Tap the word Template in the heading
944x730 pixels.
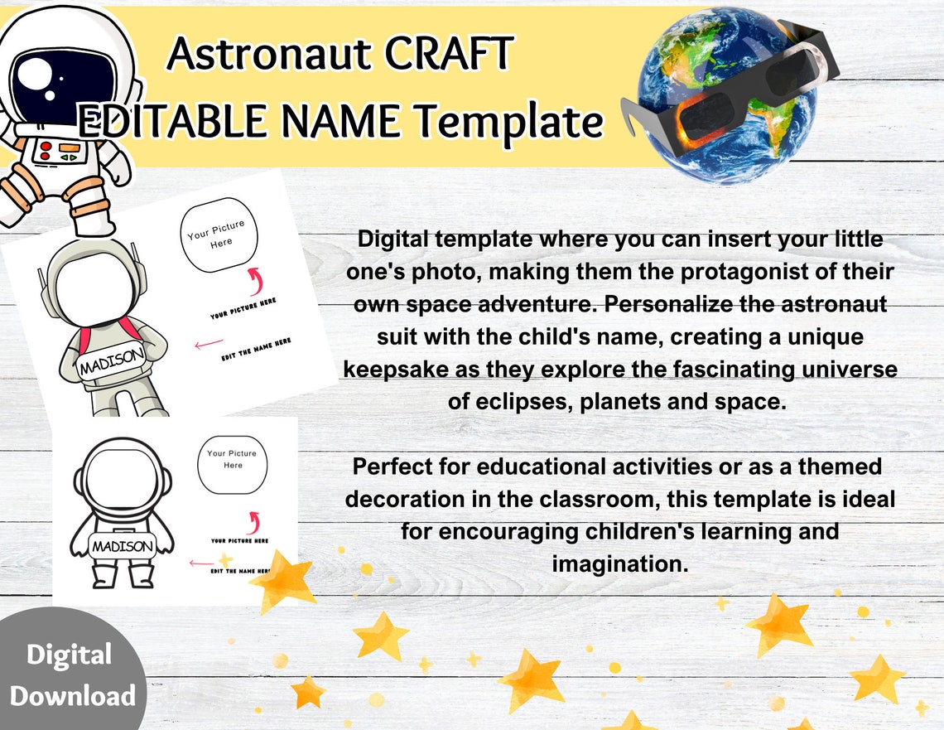tap(508, 122)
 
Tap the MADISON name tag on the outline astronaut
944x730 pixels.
tap(122, 546)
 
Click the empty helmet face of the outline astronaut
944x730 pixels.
tap(121, 478)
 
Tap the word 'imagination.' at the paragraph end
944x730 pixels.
tap(620, 563)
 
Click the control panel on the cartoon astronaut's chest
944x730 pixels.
tap(59, 152)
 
